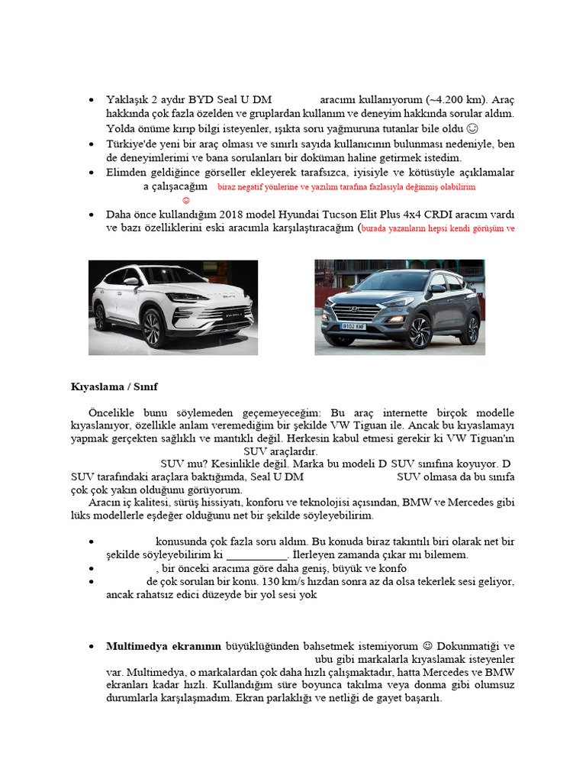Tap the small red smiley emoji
click(186, 200)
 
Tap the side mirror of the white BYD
click(131, 282)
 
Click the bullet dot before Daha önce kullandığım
click(92, 214)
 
